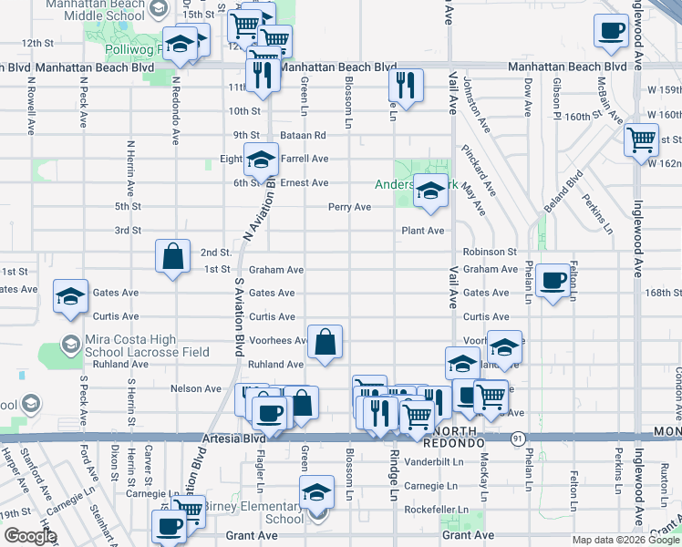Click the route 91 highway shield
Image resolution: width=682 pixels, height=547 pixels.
(517, 439)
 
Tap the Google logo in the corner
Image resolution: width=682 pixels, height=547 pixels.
(29, 536)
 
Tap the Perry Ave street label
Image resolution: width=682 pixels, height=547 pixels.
(350, 207)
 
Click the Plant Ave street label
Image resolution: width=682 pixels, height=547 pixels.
(423, 231)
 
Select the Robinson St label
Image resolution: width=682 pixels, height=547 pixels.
(490, 252)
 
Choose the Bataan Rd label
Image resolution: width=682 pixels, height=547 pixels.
(302, 135)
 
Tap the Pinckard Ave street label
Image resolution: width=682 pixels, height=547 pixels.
(478, 170)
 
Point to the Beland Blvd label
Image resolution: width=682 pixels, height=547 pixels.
(573, 191)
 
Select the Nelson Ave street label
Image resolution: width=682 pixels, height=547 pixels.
(196, 388)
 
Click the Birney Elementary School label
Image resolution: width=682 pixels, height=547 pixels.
(264, 512)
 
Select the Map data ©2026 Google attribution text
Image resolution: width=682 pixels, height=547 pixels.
(625, 540)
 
